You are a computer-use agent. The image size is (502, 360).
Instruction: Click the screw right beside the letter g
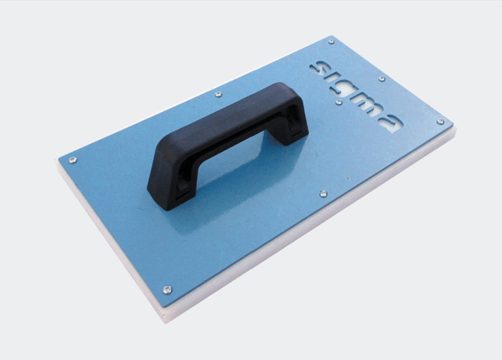point(339,102)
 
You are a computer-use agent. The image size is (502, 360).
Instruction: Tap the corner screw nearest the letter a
point(440,122)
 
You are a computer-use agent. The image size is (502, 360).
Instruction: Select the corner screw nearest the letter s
point(331,41)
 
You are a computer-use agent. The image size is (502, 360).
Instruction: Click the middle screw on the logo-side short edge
point(382,79)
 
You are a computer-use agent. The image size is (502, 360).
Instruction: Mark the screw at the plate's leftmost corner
point(72,160)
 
